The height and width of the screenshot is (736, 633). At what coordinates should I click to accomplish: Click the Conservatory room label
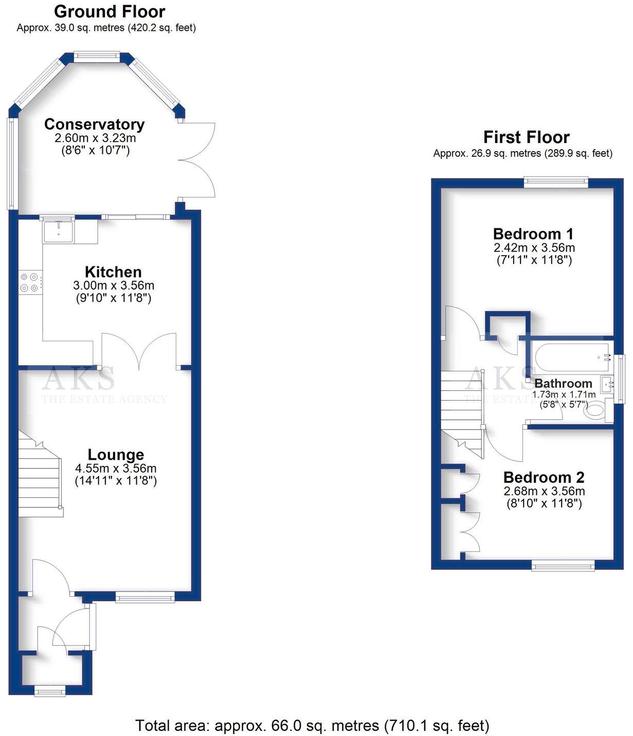(94, 124)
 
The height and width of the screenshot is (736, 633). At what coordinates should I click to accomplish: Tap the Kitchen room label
(113, 272)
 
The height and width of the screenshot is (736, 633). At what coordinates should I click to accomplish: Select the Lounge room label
(116, 455)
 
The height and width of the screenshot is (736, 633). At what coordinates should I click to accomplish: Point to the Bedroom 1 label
(533, 234)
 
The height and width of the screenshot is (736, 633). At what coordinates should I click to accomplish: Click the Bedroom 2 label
(544, 477)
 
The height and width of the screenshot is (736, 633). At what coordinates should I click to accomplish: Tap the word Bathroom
(564, 383)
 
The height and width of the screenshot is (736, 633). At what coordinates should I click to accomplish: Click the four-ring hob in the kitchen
(29, 282)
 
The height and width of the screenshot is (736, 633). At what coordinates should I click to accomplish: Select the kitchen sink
(58, 231)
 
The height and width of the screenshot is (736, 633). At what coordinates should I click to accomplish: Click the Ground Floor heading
(110, 12)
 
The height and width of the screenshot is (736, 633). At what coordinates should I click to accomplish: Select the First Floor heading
(526, 137)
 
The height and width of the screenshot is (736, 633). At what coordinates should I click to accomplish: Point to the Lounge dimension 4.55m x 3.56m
(116, 468)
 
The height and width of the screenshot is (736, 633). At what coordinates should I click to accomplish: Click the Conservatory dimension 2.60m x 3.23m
(95, 138)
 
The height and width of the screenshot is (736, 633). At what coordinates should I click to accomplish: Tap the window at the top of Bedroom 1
(556, 181)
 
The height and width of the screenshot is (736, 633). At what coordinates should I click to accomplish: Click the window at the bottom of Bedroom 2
(563, 565)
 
